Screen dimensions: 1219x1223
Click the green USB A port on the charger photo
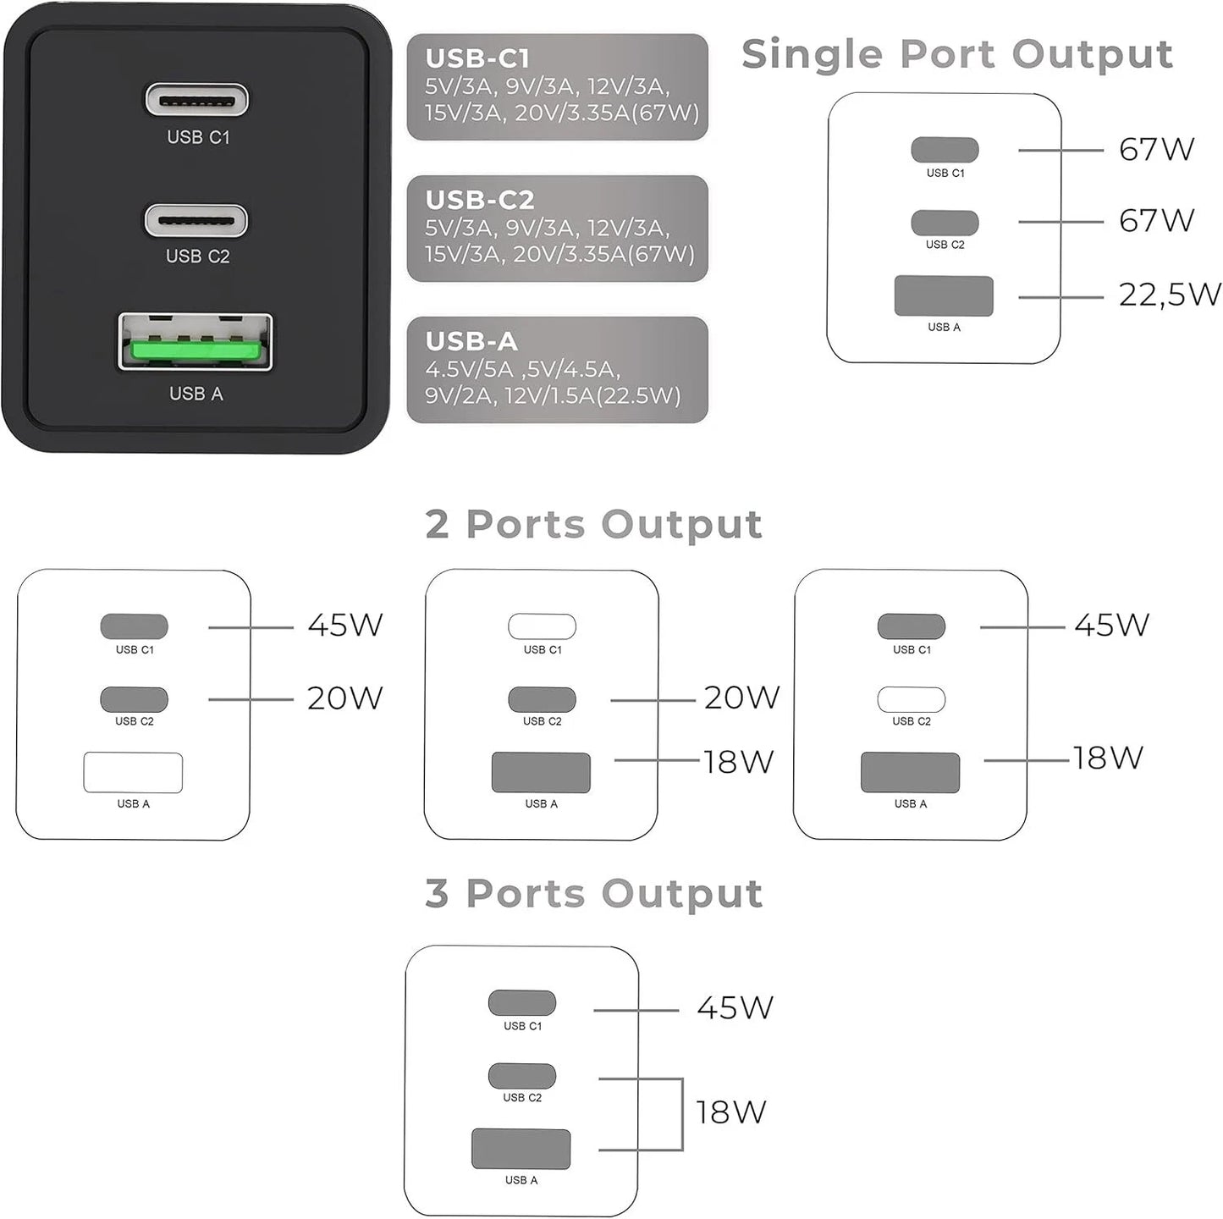coord(196,343)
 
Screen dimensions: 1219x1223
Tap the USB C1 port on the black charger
coord(196,100)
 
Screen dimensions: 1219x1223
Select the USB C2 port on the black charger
coord(196,221)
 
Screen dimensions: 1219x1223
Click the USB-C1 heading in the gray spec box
coord(477,58)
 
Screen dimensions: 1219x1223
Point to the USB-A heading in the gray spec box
coord(471,341)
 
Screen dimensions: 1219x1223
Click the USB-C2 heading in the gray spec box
coord(480,200)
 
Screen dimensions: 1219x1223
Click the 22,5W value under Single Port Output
coord(1169,295)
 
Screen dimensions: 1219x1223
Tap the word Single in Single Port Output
coord(813,55)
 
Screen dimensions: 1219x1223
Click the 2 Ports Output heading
coord(593,525)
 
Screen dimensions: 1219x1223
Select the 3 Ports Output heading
coord(593,894)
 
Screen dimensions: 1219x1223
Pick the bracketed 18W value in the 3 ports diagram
coord(730,1112)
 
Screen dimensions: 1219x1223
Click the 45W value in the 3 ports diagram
coord(735,1007)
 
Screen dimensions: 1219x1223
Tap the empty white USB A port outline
coord(133,772)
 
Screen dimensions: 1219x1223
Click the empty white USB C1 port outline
coord(542,626)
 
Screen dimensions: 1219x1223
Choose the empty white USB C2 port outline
coord(911,699)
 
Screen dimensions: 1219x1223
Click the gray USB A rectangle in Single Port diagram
coord(944,296)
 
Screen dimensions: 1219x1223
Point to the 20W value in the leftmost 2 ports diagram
coord(344,698)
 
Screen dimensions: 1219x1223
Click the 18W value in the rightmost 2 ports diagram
coord(1108,758)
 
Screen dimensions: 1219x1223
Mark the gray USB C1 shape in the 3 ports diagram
coord(521,1003)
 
